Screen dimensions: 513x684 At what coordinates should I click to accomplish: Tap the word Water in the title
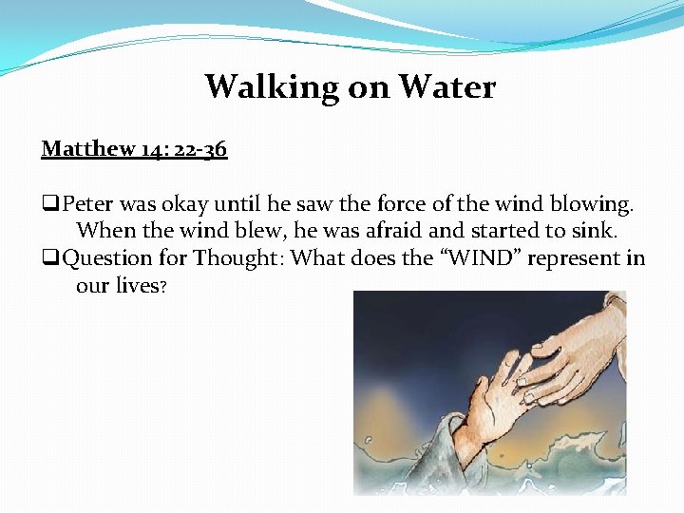click(x=446, y=87)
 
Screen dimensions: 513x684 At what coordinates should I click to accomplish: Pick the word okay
click(x=182, y=204)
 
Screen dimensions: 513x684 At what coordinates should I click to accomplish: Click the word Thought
click(x=240, y=257)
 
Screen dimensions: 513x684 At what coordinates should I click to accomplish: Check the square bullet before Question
click(x=48, y=258)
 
